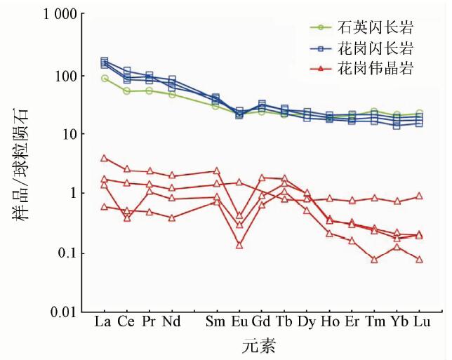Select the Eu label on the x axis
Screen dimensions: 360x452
(x=239, y=322)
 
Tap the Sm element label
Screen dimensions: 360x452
(x=215, y=322)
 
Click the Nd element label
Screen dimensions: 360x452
(x=172, y=322)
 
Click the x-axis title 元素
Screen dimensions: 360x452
(x=259, y=345)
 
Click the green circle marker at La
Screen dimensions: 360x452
(x=105, y=78)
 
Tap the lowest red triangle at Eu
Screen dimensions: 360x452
(x=239, y=245)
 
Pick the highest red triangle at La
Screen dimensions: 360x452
(x=105, y=158)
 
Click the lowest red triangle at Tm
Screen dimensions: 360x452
(x=374, y=259)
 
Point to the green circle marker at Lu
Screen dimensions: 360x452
(x=419, y=113)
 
